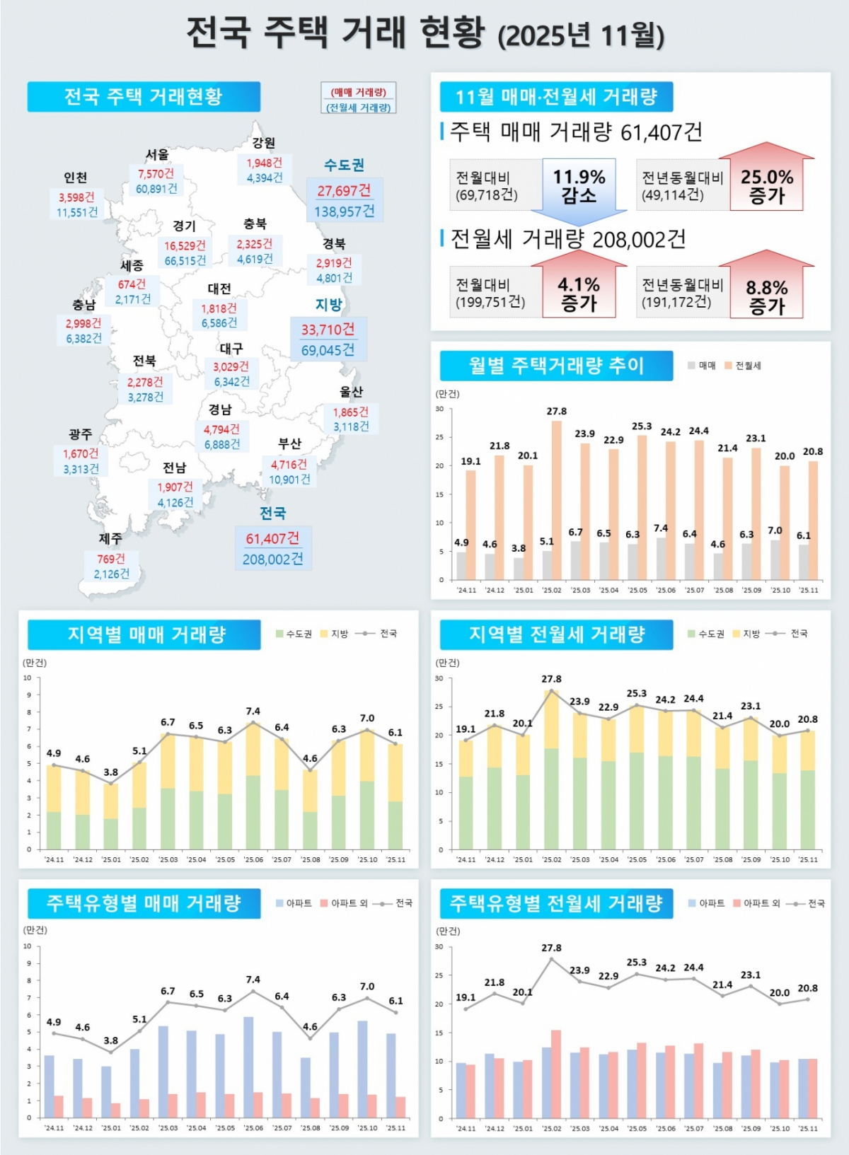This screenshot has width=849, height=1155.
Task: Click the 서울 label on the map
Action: click(x=157, y=154)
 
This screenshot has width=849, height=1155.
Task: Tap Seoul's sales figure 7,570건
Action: click(x=156, y=173)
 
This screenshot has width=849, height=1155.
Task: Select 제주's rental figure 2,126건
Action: click(x=112, y=574)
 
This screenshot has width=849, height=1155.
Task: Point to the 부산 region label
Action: click(x=289, y=443)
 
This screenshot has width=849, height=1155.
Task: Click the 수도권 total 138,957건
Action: click(x=345, y=211)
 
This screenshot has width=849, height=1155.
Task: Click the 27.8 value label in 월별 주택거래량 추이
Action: click(x=556, y=411)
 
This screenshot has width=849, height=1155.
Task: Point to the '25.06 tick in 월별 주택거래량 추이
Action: click(x=665, y=590)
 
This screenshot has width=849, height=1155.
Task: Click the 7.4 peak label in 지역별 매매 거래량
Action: click(x=253, y=711)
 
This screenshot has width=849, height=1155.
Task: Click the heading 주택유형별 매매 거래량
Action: click(x=144, y=903)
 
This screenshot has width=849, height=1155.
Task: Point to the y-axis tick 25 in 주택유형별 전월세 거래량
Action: click(x=439, y=975)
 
